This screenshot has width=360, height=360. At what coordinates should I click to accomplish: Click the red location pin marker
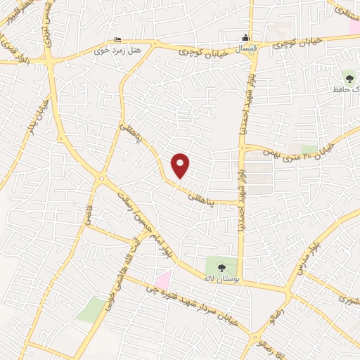pos(181,166)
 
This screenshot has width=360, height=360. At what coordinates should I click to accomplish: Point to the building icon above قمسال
pos(245,37)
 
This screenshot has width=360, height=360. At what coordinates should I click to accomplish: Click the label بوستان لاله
pos(217,279)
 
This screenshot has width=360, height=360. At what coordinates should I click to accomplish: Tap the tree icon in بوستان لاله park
pos(221,266)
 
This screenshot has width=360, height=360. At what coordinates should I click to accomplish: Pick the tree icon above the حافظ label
pos(349,76)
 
